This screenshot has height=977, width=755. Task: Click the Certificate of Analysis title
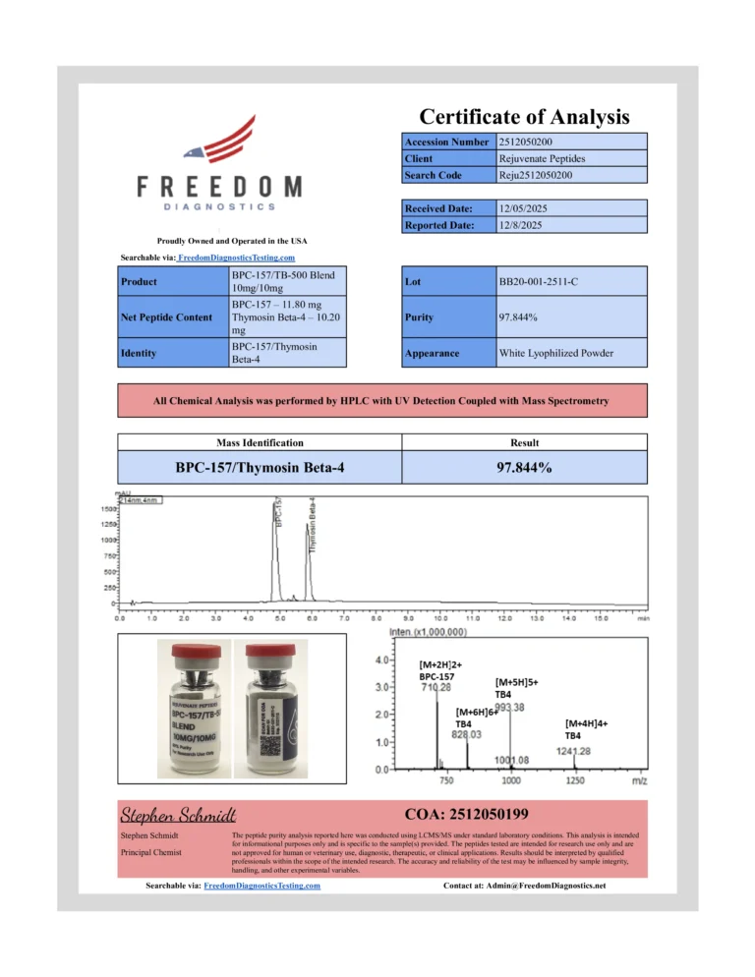point(524,117)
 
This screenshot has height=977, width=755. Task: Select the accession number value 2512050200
point(532,142)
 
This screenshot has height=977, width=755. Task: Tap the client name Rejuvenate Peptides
point(542,158)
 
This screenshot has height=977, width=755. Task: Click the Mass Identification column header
point(260,443)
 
